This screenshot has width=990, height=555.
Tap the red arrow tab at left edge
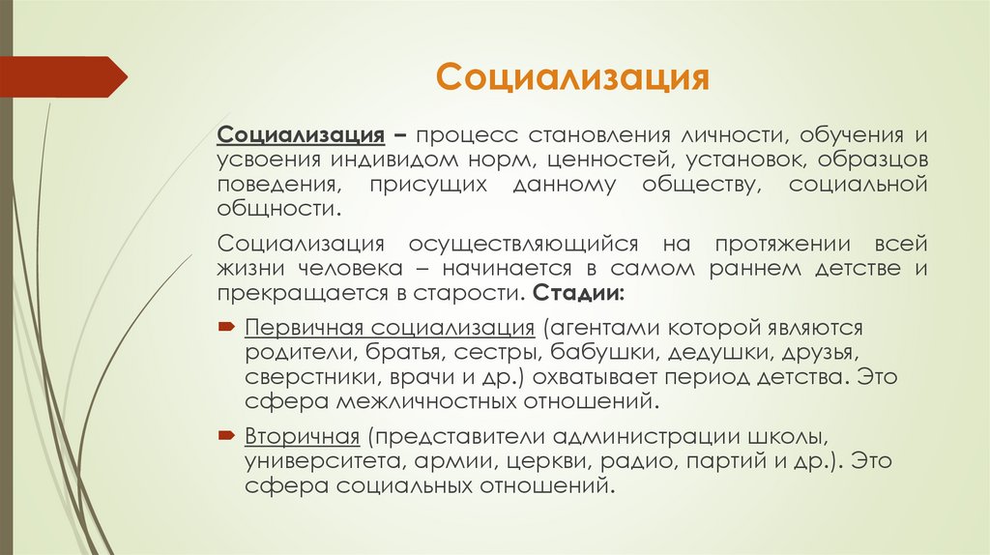(64, 76)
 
